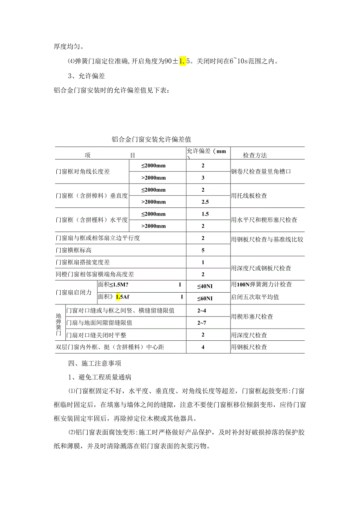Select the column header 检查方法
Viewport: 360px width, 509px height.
pyautogui.click(x=255, y=155)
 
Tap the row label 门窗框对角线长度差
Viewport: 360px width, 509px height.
pyautogui.click(x=83, y=172)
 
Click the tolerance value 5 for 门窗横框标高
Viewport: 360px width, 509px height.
pyautogui.click(x=203, y=250)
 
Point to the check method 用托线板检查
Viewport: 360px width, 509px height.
pyautogui.click(x=249, y=196)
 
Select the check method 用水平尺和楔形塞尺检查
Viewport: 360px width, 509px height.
pyautogui.click(x=264, y=220)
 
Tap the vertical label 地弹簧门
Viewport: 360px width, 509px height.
pyautogui.click(x=59, y=323)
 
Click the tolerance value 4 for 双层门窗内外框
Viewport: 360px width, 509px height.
pyautogui.click(x=203, y=347)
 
